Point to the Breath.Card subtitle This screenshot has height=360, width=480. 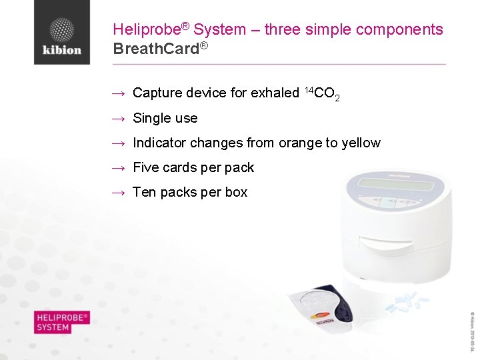[x=157, y=49]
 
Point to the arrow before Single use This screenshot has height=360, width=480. [x=119, y=119]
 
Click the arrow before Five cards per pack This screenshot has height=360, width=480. [x=119, y=168]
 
